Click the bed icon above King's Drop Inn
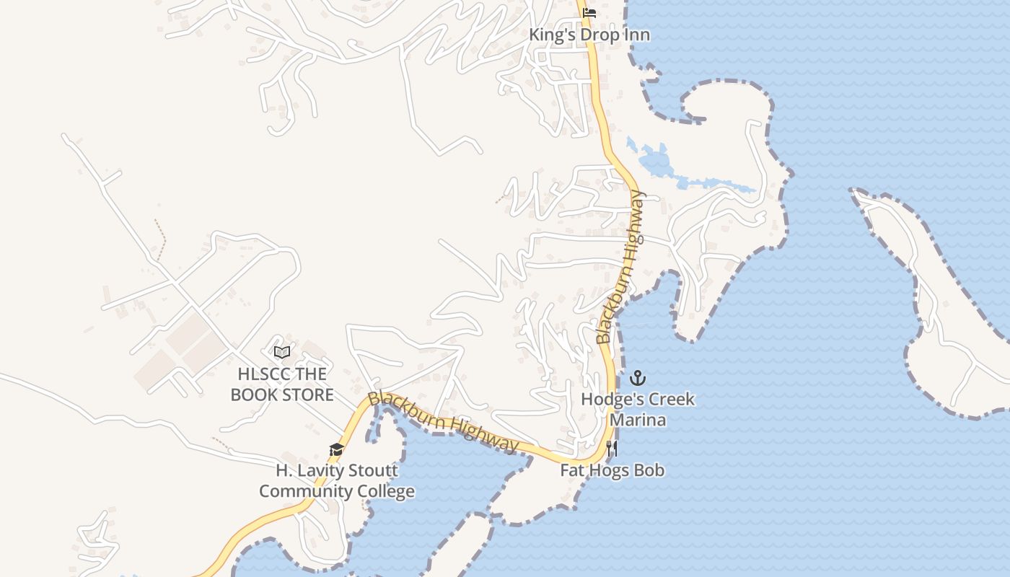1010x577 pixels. (x=589, y=12)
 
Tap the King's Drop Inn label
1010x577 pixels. (x=589, y=35)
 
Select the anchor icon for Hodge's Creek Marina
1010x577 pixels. (x=637, y=378)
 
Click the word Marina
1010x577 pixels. (x=638, y=419)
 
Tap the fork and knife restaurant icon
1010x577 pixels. (x=612, y=449)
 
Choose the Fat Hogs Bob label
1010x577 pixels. (x=612, y=470)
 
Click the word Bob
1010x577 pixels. (x=650, y=470)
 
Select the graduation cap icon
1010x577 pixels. (x=336, y=450)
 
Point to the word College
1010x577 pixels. (x=386, y=491)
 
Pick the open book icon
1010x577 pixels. (x=282, y=352)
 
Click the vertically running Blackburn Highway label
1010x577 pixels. (x=619, y=267)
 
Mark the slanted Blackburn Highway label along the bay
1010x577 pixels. (x=443, y=423)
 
